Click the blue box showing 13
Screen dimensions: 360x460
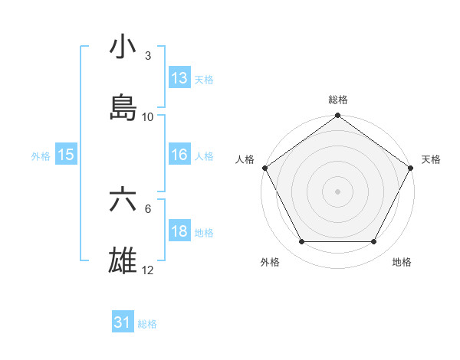179,77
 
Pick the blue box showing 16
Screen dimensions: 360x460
179,155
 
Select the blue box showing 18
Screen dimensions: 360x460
179,231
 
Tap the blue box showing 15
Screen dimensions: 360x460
66,155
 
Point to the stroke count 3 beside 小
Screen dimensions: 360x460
148,56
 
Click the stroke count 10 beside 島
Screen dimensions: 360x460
148,117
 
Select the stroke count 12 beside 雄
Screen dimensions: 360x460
148,271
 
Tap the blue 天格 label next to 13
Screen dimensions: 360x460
204,79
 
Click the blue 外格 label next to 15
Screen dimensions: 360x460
41,155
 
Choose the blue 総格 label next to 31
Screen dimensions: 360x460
147,324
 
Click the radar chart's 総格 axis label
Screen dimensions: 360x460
338,100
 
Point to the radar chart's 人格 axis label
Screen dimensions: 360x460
245,159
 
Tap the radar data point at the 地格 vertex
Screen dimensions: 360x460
374,242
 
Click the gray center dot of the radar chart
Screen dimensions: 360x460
337,191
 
